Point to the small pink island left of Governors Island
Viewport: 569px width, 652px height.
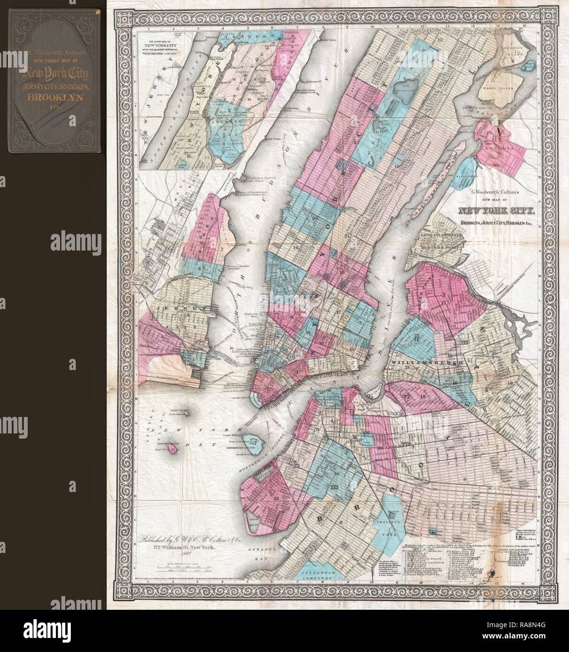174,449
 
